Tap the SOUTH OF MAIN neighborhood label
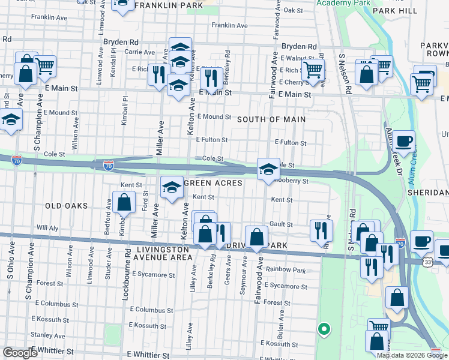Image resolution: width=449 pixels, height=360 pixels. point(271,119)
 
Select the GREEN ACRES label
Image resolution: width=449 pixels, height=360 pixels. point(212,183)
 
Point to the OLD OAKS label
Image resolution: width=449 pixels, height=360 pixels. point(66,206)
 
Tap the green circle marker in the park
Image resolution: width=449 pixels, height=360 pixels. point(324,328)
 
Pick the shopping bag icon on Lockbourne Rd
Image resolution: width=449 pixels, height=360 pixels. point(124,203)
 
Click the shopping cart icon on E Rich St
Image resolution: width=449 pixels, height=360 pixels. point(312,70)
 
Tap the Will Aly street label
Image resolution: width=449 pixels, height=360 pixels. point(47,228)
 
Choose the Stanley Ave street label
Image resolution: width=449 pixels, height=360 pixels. point(47,335)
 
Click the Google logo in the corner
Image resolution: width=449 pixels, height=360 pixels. point(20,352)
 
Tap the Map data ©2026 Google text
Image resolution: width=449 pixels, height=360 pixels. point(412,355)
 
